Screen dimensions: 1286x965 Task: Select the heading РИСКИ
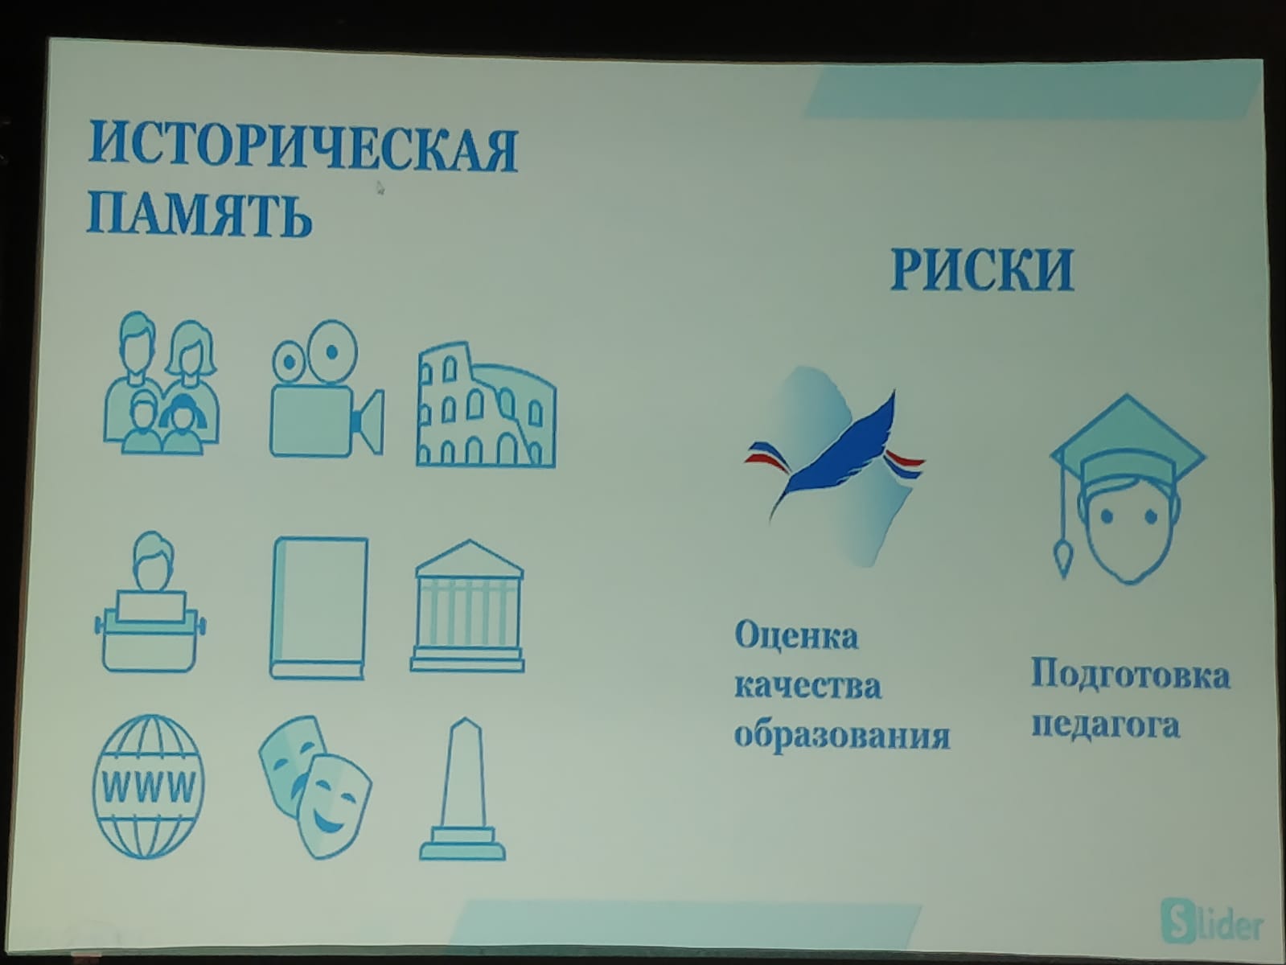point(982,269)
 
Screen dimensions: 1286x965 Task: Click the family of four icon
point(162,383)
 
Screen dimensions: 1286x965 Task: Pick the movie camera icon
point(327,388)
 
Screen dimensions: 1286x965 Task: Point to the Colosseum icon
point(486,404)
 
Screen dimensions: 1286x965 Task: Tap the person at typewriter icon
point(150,602)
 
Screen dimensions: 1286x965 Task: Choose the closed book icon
point(319,608)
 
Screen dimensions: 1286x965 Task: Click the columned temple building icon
point(467,606)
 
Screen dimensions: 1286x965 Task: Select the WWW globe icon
point(149,786)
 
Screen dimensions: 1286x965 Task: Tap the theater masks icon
point(314,786)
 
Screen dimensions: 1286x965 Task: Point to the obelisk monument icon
point(462,789)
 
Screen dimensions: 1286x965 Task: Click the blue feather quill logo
point(834,466)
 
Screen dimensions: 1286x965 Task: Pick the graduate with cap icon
point(1127,489)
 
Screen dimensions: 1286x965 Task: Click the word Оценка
point(796,637)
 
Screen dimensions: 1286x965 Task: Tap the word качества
point(808,686)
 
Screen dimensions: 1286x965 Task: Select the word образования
point(842,736)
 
